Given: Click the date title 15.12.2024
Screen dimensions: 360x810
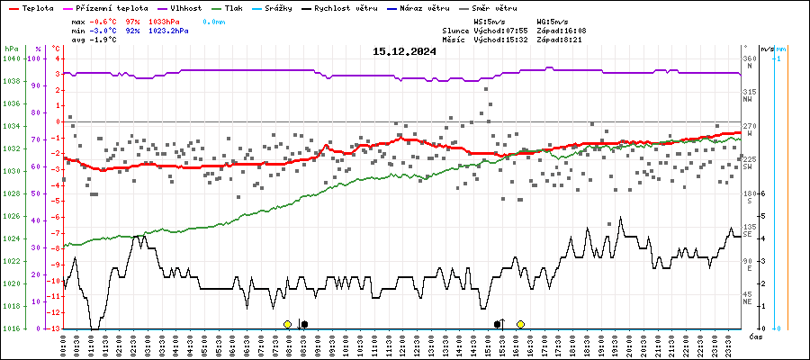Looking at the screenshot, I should click(x=404, y=51).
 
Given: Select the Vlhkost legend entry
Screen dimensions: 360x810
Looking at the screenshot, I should click(x=180, y=7).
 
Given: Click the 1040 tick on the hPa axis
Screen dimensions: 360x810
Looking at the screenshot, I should click(x=11, y=58).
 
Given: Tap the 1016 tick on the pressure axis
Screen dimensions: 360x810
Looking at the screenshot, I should click(x=11, y=328).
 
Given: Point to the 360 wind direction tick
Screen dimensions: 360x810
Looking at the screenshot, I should click(x=749, y=58).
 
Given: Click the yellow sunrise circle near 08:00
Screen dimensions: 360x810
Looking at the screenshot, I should click(x=287, y=324).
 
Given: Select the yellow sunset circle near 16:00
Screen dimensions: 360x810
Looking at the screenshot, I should click(x=520, y=324).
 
